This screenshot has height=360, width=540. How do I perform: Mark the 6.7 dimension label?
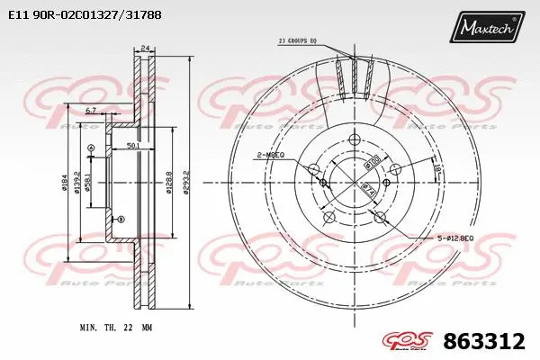[x=91, y=111]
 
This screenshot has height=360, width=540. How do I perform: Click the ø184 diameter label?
[x=65, y=184]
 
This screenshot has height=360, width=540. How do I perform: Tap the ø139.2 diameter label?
[x=78, y=184]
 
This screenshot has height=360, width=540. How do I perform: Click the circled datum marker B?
[x=118, y=219]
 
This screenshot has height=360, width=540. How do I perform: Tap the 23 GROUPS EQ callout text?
[x=299, y=40]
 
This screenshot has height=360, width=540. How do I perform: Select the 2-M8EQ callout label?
[x=270, y=156]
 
